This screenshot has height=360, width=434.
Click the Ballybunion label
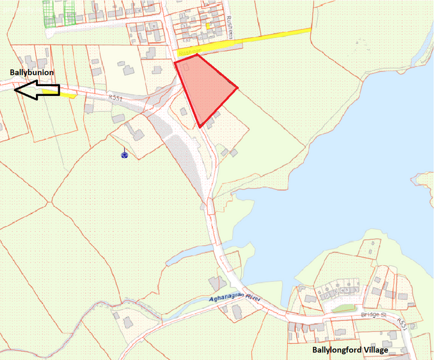pyautogui.click(x=32, y=72)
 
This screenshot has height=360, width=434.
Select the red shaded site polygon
pyautogui.click(x=205, y=87)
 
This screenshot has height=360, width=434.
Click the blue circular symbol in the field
pyautogui.click(x=125, y=154)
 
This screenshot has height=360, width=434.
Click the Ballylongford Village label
pyautogui.click(x=350, y=351)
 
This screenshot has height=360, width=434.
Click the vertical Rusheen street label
pyautogui.click(x=229, y=27)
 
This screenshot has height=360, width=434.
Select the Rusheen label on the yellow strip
pyautogui.click(x=187, y=54)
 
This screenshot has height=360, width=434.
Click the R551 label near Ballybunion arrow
pyautogui.click(x=115, y=97)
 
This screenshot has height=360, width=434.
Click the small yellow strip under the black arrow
pyautogui.click(x=68, y=95)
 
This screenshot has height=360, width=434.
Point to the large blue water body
pyautogui.click(x=347, y=167)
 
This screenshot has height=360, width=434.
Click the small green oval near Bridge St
pyautogui.click(x=343, y=307)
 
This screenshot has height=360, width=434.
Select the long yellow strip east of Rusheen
pyautogui.click(x=260, y=41)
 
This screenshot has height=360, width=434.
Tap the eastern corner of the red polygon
pyautogui.click(x=237, y=87)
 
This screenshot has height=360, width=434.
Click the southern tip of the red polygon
pyautogui.click(x=200, y=126)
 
